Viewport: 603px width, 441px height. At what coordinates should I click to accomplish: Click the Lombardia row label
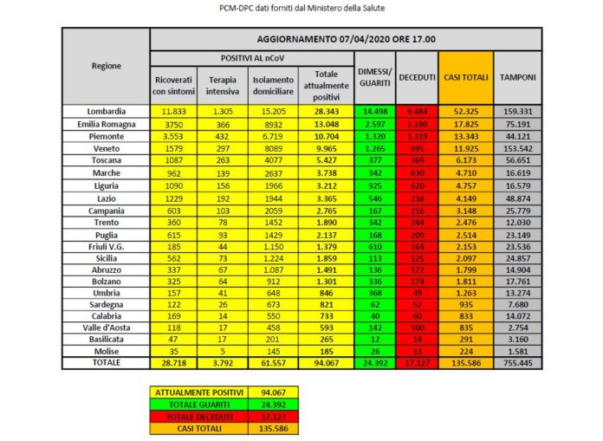pos(107,111)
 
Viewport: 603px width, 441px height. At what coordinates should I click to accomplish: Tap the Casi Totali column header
pos(466,77)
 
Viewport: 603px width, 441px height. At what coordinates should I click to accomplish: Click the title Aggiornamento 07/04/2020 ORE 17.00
pos(346,40)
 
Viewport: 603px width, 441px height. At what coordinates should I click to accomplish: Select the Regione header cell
pos(107,66)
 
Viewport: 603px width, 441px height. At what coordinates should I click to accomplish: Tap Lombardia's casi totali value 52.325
pos(466,111)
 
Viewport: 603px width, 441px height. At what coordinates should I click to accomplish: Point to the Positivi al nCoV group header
pos(251,56)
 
